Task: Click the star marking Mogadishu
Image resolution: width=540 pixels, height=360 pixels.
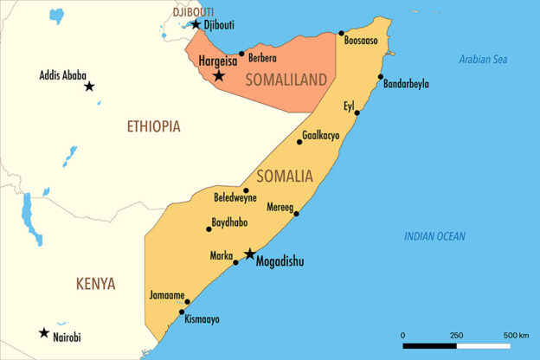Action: (x=250, y=254)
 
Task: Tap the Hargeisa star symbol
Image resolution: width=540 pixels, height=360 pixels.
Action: (x=219, y=76)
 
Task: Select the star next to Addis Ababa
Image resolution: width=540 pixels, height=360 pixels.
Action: (x=89, y=87)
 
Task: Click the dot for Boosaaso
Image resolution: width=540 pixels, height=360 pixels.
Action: (x=342, y=33)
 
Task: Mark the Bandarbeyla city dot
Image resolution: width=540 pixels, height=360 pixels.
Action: (x=380, y=77)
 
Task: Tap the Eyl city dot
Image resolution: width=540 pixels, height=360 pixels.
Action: (x=357, y=113)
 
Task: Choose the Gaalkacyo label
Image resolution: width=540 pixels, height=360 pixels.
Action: (x=321, y=137)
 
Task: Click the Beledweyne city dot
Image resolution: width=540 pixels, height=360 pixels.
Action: (x=246, y=191)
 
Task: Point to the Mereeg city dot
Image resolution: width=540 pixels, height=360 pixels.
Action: (x=297, y=214)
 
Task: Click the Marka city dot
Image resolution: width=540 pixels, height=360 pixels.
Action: (x=235, y=262)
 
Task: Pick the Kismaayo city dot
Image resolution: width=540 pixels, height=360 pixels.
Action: (x=182, y=312)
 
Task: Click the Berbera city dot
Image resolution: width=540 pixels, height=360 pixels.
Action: (x=241, y=54)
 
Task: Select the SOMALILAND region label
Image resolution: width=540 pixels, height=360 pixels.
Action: (x=286, y=80)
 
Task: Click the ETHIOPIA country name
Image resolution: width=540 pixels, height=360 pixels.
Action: (x=153, y=126)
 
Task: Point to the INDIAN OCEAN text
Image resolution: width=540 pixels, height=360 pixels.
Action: (x=434, y=236)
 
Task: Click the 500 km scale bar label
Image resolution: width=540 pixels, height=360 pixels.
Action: (x=517, y=335)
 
